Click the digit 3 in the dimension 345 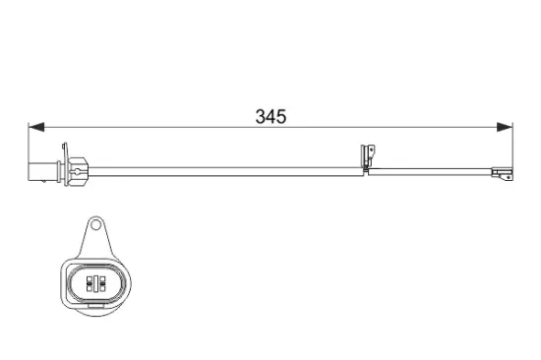pyautogui.click(x=261, y=116)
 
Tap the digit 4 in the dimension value pyautogui.click(x=270, y=116)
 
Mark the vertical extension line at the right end pyautogui.click(x=512, y=148)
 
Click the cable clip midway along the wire pyautogui.click(x=370, y=158)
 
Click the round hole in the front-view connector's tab pyautogui.click(x=96, y=228)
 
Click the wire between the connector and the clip pyautogui.click(x=226, y=168)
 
